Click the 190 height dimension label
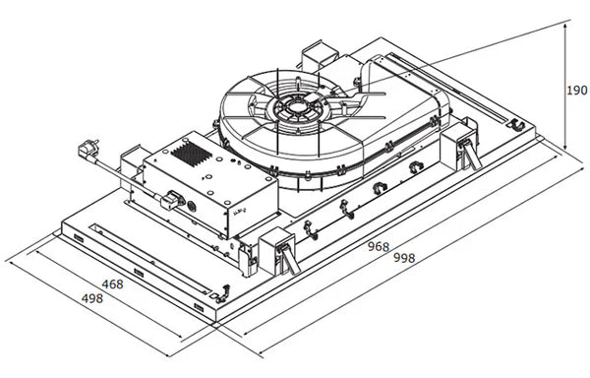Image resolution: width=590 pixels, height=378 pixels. pos(577,91)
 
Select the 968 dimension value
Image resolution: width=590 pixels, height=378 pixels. pos(379,247)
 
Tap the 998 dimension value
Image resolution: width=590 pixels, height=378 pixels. pos(404,258)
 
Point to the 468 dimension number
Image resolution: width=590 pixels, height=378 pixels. pos(112,284)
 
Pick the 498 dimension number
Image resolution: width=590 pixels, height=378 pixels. pos(92,298)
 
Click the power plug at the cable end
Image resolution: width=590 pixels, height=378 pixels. pos(88,149)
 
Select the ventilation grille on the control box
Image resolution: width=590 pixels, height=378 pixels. pos(191,154)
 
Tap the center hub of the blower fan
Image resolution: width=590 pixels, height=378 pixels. pos(297,107)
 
